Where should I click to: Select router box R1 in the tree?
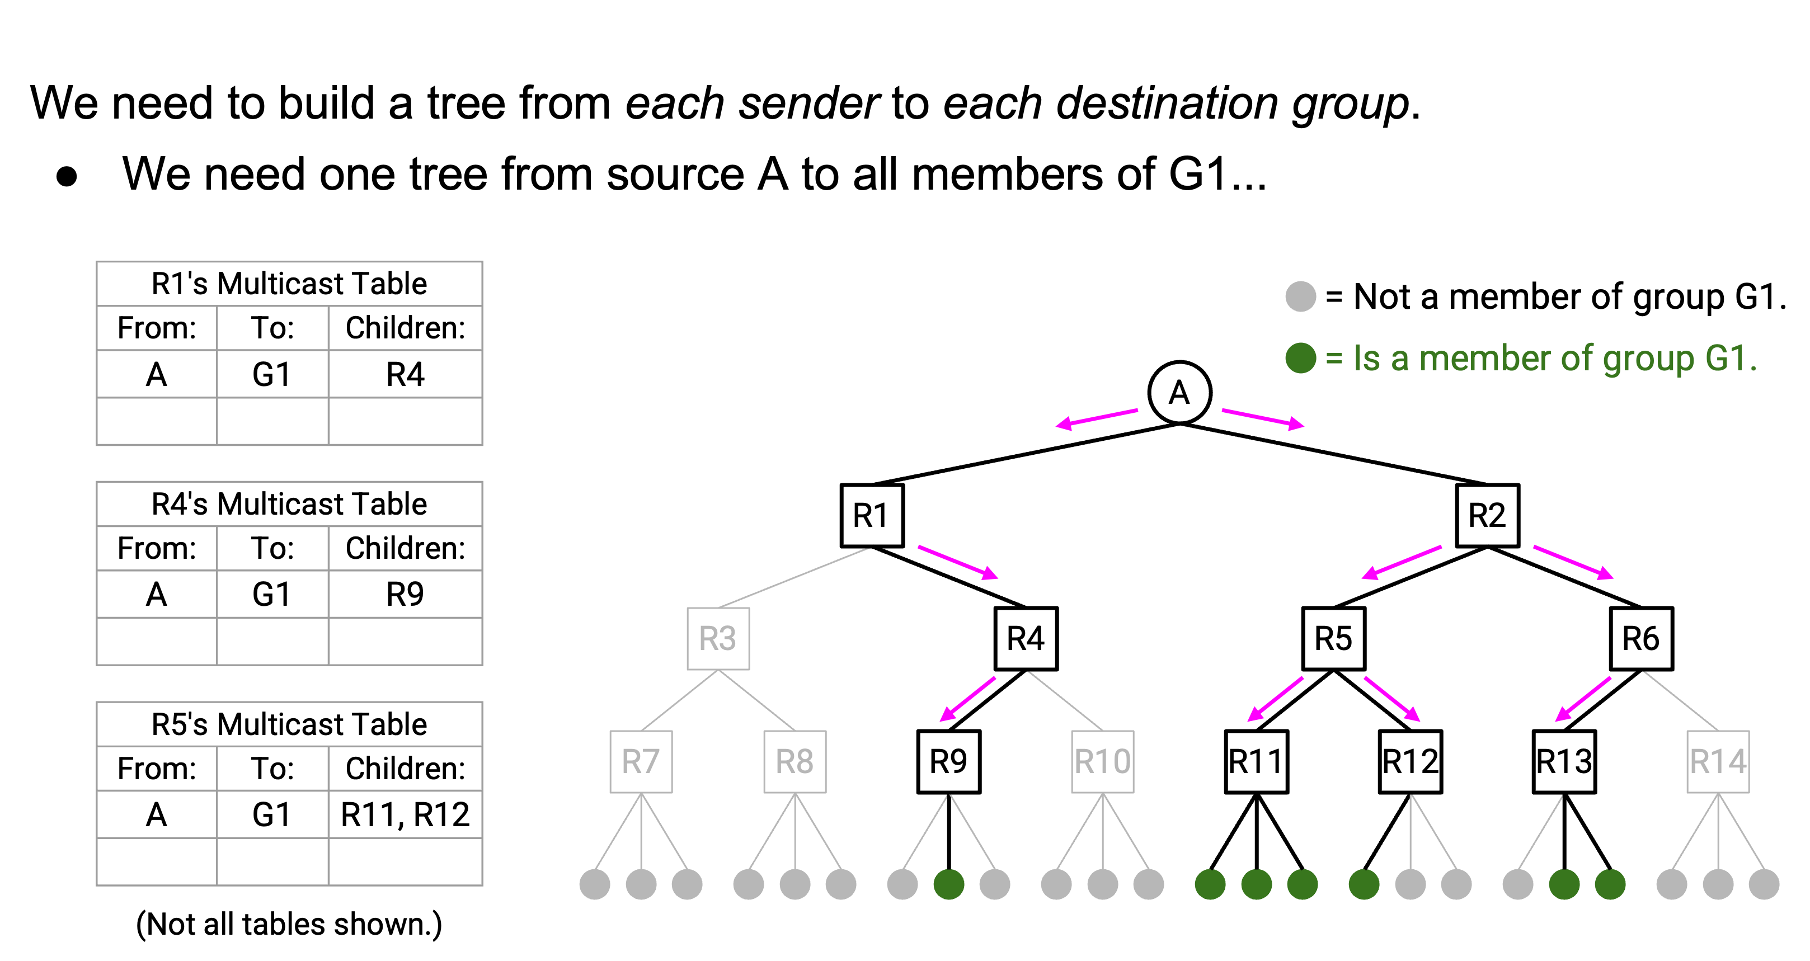(x=871, y=515)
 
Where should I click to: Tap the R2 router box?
(x=1488, y=515)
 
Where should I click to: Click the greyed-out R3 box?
(x=717, y=638)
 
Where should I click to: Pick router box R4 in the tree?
(x=1026, y=638)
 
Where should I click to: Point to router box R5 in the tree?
(x=1334, y=638)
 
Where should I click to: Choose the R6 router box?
(x=1642, y=638)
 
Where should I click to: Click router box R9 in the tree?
(x=948, y=761)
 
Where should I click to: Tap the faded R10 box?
(x=1102, y=761)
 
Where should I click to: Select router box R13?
(x=1564, y=761)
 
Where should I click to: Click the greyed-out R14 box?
(x=1718, y=761)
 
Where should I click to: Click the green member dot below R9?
(x=948, y=884)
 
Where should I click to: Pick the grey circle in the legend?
(x=1301, y=296)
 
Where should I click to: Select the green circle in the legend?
(x=1301, y=357)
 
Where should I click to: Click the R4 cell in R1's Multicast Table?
(x=406, y=374)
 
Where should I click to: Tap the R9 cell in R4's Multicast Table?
(x=406, y=593)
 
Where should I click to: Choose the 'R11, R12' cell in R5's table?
(x=406, y=814)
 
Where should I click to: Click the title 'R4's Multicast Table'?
(x=289, y=503)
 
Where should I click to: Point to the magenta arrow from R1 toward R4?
(x=958, y=562)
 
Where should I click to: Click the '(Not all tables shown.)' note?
(x=289, y=925)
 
